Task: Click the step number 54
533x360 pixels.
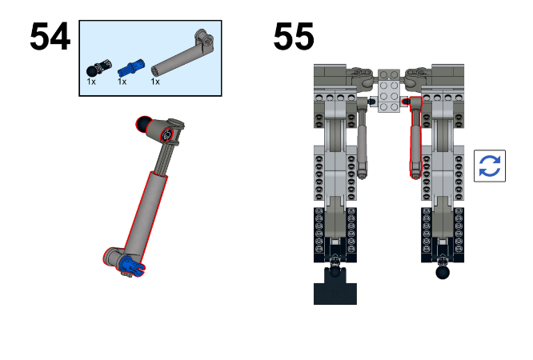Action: click(x=50, y=38)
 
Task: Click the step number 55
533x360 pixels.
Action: click(x=294, y=38)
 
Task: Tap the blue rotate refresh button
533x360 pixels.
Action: click(x=489, y=166)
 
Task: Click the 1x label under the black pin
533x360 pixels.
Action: click(x=91, y=82)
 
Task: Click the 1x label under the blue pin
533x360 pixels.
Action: click(x=122, y=82)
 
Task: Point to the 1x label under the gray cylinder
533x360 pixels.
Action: click(x=154, y=82)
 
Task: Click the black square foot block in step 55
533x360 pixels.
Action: click(x=334, y=286)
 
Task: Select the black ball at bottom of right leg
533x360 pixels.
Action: click(x=442, y=274)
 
